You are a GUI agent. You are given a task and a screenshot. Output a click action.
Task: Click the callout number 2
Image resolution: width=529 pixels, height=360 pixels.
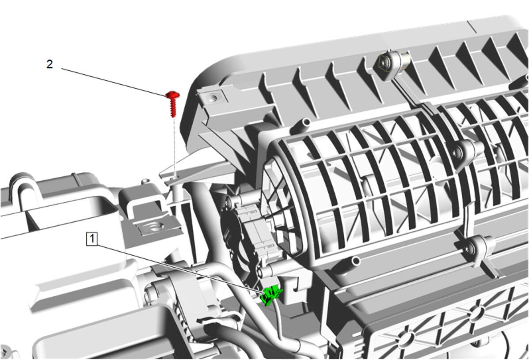tap(49, 64)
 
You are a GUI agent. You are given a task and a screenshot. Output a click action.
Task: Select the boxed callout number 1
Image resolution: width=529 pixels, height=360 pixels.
tap(92, 239)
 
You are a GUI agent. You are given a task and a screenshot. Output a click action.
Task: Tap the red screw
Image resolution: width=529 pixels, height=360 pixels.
tap(173, 104)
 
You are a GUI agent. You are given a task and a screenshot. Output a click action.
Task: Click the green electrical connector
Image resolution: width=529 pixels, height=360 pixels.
tap(271, 295)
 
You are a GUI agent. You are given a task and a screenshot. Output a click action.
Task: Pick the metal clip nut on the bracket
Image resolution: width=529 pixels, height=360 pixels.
tap(156, 227)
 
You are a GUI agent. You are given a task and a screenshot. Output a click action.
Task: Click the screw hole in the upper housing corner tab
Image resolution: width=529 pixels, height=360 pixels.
tap(213, 98)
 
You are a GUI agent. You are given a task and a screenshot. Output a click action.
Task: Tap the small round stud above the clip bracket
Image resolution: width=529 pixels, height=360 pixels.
tap(145, 182)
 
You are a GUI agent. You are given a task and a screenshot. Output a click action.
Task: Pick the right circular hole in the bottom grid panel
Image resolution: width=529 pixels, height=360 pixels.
tap(476, 313)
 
